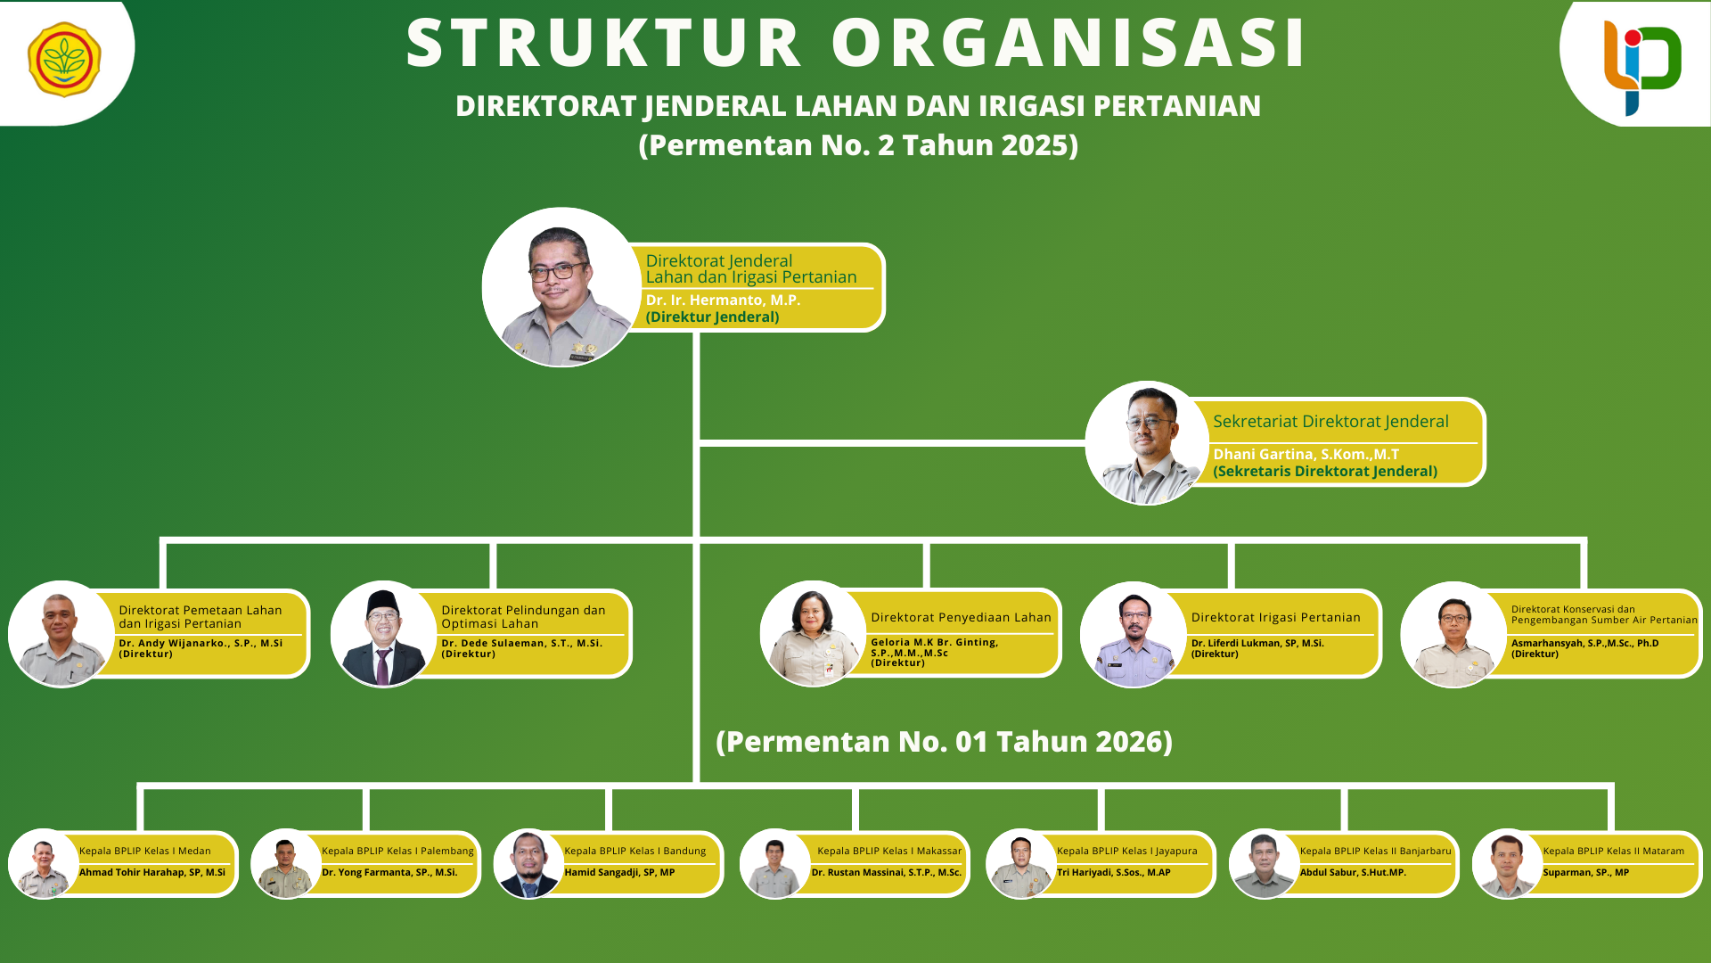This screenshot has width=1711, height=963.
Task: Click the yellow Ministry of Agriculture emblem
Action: coord(64,60)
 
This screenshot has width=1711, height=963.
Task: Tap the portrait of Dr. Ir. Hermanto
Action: coord(561,287)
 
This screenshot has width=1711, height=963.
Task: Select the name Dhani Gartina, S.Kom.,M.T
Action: coord(1306,454)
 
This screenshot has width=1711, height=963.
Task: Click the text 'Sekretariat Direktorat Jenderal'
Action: coord(1330,421)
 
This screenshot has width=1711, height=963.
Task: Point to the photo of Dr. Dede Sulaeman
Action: coord(383,634)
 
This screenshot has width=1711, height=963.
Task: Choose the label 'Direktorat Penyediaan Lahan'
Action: coord(961,617)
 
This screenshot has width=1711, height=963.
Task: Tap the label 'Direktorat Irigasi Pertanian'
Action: coord(1275,617)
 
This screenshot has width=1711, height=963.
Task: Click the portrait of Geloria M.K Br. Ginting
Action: coord(813,634)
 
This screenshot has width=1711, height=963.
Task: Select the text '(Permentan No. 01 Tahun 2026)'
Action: coord(944,742)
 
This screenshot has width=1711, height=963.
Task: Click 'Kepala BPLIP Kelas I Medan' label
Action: coord(144,851)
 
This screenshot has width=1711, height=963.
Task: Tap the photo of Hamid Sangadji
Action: coord(528,864)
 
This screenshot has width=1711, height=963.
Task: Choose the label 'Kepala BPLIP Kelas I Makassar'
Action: coord(889,851)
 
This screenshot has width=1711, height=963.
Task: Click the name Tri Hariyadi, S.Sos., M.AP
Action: coord(1113,872)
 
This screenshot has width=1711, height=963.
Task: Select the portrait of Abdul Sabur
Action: coord(1264,864)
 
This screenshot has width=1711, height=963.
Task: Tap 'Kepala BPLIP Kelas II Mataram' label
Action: coord(1613,851)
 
